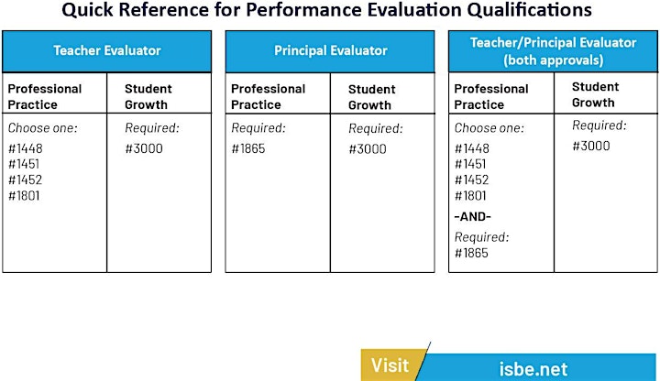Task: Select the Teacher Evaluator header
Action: pyautogui.click(x=107, y=50)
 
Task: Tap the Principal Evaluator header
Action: pyautogui.click(x=330, y=50)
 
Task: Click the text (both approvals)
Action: pyautogui.click(x=553, y=60)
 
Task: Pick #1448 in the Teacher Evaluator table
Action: pyautogui.click(x=26, y=148)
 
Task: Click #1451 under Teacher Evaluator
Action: pyautogui.click(x=24, y=164)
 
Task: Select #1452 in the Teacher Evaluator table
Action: pyautogui.click(x=26, y=180)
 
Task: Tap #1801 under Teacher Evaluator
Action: pyautogui.click(x=24, y=196)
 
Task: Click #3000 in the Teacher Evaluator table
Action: pyautogui.click(x=144, y=148)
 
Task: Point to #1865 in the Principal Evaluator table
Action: pyautogui.click(x=248, y=148)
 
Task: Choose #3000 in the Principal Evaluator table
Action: pyautogui.click(x=368, y=149)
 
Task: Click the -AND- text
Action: pyautogui.click(x=472, y=216)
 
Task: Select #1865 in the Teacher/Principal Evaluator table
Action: pyautogui.click(x=471, y=253)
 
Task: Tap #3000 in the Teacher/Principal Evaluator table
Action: pyautogui.click(x=591, y=146)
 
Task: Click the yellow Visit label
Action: pyautogui.click(x=390, y=365)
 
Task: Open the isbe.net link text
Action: pyautogui.click(x=533, y=369)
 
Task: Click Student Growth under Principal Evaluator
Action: pyautogui.click(x=371, y=97)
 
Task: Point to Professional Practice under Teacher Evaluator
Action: pyautogui.click(x=45, y=97)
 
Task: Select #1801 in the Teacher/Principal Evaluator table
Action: pyautogui.click(x=470, y=196)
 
